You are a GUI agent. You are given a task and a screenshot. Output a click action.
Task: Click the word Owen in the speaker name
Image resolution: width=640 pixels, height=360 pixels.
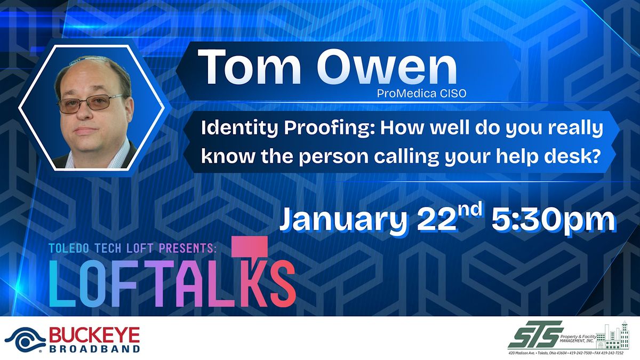(x=387, y=67)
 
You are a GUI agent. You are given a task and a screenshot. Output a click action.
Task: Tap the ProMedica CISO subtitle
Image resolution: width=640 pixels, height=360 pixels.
(x=421, y=93)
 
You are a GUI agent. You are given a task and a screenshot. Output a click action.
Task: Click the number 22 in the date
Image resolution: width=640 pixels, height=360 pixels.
(x=437, y=221)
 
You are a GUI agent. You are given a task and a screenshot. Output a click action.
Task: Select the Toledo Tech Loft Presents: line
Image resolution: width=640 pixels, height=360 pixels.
(x=132, y=248)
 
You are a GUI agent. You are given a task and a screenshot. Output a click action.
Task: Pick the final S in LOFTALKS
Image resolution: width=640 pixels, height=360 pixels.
(x=283, y=284)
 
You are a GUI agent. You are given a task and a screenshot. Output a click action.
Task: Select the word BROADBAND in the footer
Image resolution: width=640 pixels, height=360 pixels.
(x=94, y=349)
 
